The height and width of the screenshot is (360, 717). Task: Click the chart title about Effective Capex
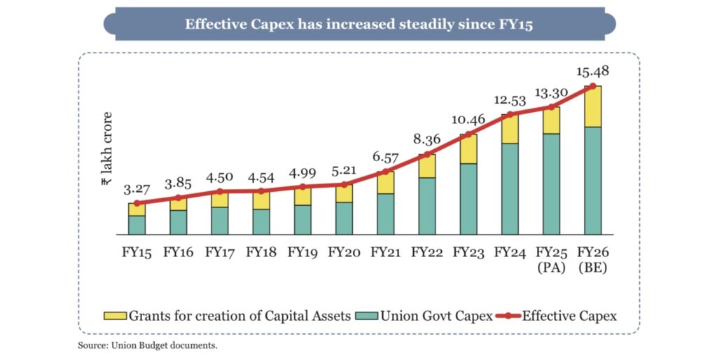359,24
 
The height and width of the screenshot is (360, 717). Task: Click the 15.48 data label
592,71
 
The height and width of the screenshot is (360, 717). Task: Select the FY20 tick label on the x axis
344,251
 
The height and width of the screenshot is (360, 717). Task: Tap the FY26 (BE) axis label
592,258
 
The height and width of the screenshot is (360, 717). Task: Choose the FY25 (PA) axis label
552,258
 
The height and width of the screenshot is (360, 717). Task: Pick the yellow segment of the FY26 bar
593,106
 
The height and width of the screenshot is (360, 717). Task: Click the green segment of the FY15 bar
137,225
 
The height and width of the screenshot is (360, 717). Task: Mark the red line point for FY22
427,154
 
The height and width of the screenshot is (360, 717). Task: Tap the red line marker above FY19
302,187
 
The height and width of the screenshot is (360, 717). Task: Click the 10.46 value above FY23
468,119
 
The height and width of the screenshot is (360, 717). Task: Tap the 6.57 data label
385,158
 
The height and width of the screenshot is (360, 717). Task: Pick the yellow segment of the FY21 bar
386,182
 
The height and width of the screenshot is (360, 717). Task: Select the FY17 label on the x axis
219,251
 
